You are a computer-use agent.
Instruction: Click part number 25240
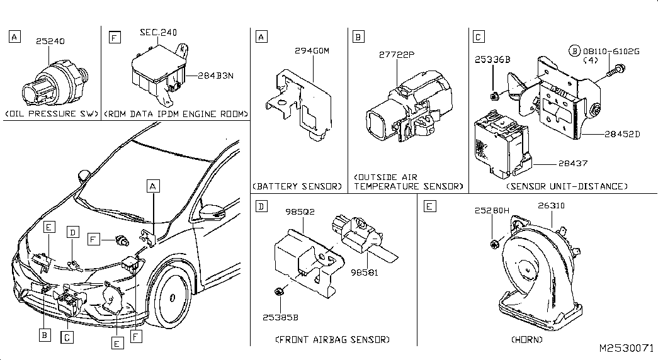tap(50, 41)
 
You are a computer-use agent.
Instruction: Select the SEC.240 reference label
tap(158, 32)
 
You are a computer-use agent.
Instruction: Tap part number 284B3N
tap(215, 76)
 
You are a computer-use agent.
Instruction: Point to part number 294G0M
tap(312, 51)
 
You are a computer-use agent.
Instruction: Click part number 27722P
tap(397, 55)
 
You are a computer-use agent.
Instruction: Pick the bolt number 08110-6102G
tap(611, 52)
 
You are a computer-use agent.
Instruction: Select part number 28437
tap(573, 164)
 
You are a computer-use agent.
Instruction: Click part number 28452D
tap(622, 134)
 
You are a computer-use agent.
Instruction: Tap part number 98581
tap(364, 273)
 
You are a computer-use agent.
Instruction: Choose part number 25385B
tap(280, 318)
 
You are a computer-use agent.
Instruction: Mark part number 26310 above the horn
tap(551, 206)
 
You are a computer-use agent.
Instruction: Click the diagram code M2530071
tap(626, 348)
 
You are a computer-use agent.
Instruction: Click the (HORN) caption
tap(526, 339)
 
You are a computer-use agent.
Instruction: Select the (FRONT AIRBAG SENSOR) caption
tap(332, 339)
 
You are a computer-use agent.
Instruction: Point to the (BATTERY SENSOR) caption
tap(297, 186)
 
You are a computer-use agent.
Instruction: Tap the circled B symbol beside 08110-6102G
tap(574, 51)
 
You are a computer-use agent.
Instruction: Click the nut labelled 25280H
tap(494, 244)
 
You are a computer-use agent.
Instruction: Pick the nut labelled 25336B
tap(495, 96)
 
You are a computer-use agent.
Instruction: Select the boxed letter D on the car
tap(73, 232)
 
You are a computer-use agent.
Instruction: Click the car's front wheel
tap(171, 297)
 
